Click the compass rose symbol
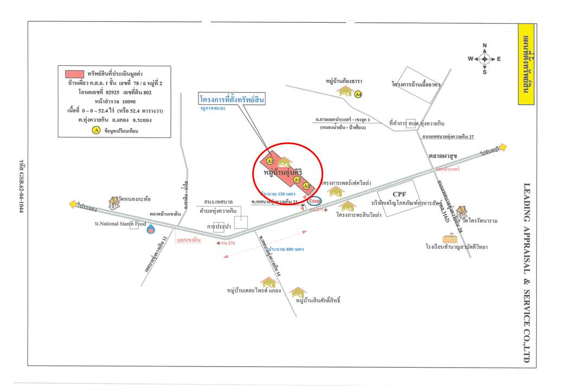click(x=484, y=59)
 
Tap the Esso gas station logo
click(x=315, y=200)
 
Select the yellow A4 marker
click(x=358, y=94)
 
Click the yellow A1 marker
click(x=297, y=179)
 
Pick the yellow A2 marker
click(x=270, y=161)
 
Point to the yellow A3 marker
click(x=306, y=186)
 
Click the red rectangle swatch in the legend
click(x=74, y=73)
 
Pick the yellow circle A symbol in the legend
click(x=96, y=130)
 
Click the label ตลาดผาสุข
click(x=443, y=156)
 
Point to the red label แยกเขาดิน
click(x=189, y=239)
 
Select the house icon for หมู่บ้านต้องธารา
click(x=345, y=92)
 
